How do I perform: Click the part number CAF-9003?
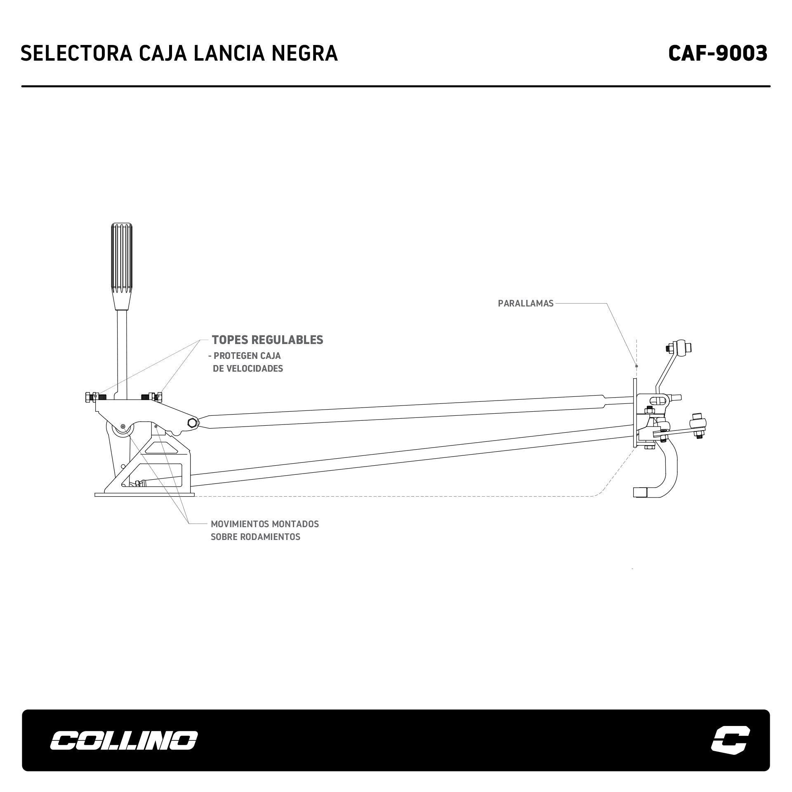pyautogui.click(x=717, y=53)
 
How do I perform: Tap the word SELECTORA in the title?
pyautogui.click(x=76, y=54)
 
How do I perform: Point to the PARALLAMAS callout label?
pyautogui.click(x=526, y=304)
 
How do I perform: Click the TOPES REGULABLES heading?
pyautogui.click(x=267, y=340)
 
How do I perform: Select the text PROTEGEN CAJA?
pyautogui.click(x=247, y=356)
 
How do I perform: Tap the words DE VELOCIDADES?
pyautogui.click(x=248, y=369)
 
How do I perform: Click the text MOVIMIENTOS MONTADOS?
pyautogui.click(x=265, y=524)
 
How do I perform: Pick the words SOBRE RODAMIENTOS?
pyautogui.click(x=255, y=537)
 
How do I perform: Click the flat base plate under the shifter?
pyautogui.click(x=144, y=494)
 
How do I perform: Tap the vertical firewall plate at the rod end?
pyautogui.click(x=634, y=412)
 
